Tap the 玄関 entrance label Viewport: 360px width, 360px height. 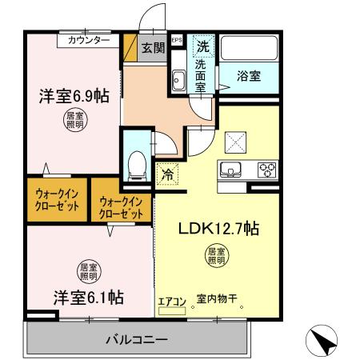(154, 47)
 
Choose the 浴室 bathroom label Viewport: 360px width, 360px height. (249, 77)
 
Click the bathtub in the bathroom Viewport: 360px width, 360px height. (249, 50)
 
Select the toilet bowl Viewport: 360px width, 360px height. (137, 165)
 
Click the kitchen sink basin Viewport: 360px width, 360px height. (230, 169)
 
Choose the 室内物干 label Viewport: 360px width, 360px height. (218, 302)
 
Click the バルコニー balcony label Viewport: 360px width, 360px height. (138, 339)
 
